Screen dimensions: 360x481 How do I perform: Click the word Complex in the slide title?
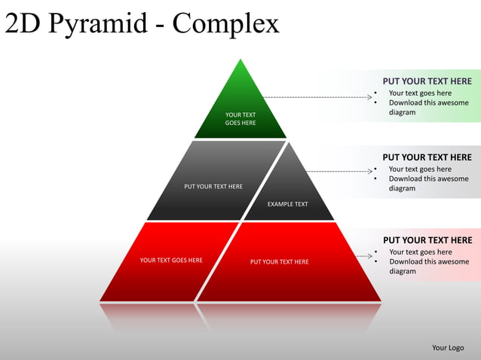[x=225, y=25]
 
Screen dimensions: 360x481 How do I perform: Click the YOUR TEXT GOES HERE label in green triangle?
[x=240, y=119]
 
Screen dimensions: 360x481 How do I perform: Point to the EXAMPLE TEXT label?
[x=287, y=204]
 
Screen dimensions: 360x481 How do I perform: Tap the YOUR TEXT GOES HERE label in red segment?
[x=171, y=261]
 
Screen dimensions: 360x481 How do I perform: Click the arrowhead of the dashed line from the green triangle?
[x=370, y=97]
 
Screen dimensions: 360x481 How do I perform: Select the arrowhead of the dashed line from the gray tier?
[x=370, y=171]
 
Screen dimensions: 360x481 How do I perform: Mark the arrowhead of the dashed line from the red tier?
[x=370, y=257]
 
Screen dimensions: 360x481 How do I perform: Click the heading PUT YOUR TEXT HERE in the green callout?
[x=427, y=81]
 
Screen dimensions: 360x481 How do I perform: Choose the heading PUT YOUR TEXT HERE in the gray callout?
[x=427, y=157]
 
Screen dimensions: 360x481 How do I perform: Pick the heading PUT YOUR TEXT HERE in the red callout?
[x=427, y=240]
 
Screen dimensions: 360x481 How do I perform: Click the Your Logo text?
[x=448, y=347]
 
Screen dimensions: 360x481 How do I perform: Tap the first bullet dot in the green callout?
[x=376, y=93]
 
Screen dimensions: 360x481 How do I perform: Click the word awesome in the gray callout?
[x=453, y=179]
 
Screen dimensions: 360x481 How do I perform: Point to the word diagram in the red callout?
[x=403, y=272]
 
